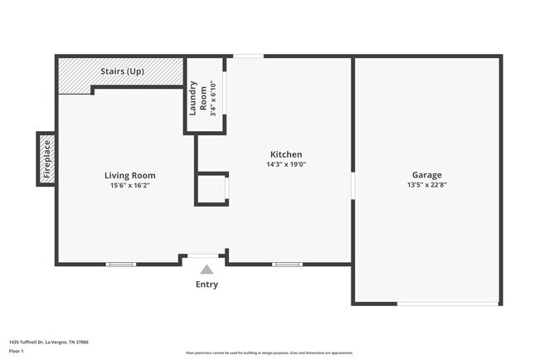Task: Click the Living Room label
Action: pos(129,175)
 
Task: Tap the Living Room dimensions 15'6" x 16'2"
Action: pos(129,185)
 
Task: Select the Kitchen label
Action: pos(286,154)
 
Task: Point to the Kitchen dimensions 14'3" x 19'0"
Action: pos(286,164)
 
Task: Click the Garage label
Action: pos(426,175)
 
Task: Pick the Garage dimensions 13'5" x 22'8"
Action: pos(426,185)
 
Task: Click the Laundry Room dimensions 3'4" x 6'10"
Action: pos(213,97)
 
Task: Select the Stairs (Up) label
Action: pos(122,71)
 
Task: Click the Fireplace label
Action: pos(47,159)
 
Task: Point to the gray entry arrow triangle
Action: pos(206,269)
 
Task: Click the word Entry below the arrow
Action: pos(206,285)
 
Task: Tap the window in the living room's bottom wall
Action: pos(120,265)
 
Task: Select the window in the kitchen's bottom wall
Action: pos(287,265)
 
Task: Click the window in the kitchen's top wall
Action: pos(248,56)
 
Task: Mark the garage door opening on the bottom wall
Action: pos(448,304)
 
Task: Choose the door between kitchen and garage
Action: pos(352,185)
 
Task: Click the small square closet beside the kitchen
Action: pos(211,189)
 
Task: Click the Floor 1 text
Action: pos(16,351)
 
